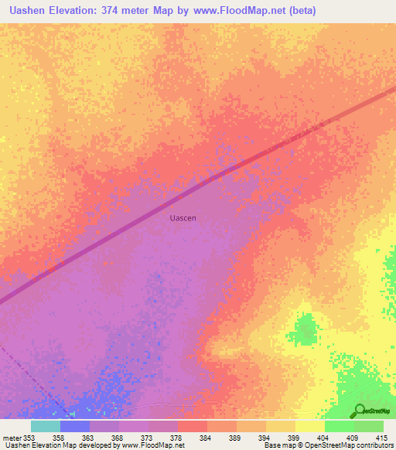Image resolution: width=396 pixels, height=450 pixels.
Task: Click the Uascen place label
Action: tap(183, 218)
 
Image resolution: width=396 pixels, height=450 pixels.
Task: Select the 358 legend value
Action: tap(58, 438)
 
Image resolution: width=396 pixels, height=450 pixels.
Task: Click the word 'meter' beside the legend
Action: tap(12, 438)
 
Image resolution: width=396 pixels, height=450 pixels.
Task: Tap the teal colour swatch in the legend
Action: tap(45, 426)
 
